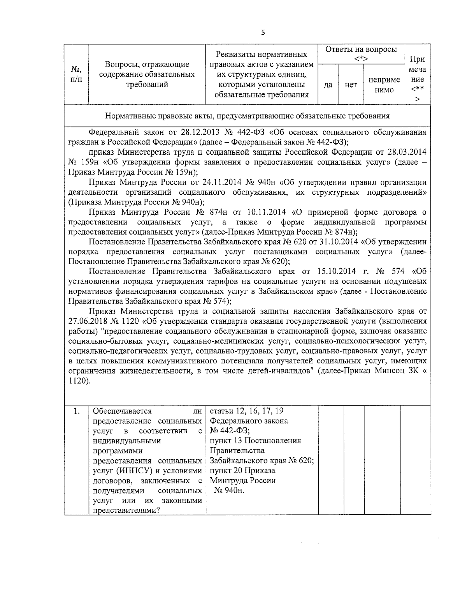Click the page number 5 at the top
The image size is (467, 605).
point(263,33)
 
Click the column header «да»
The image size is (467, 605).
point(328,85)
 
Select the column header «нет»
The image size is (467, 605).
point(351,85)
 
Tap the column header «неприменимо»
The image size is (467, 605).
point(384,85)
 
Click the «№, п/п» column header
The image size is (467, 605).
point(76,74)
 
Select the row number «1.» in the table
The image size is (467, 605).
point(77,411)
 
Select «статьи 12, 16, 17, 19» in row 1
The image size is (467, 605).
point(247,411)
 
